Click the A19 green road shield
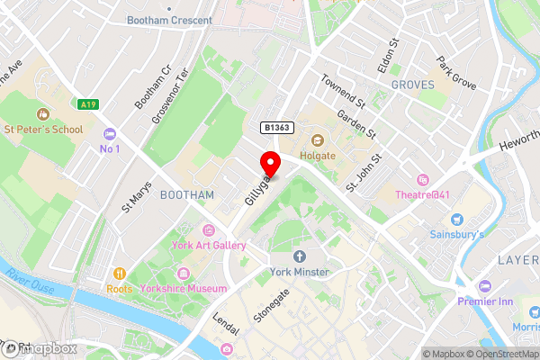tap(87, 104)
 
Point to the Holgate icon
tap(317, 139)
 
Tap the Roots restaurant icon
tap(119, 274)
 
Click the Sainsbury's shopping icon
tap(456, 219)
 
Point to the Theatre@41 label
tap(422, 194)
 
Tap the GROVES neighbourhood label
tap(412, 85)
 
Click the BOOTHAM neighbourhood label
tap(186, 194)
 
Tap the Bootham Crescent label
tap(169, 20)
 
